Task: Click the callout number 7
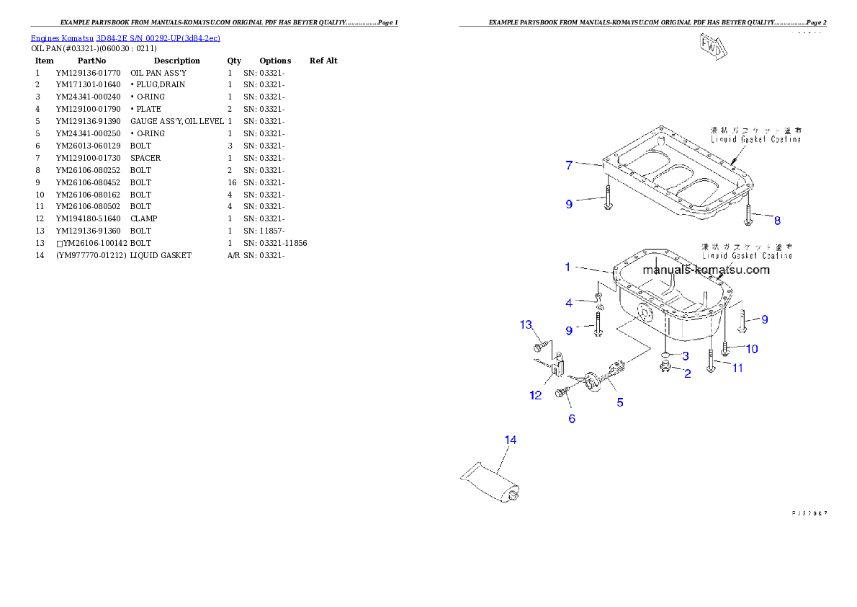(569, 166)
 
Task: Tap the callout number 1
(568, 267)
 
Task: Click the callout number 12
(536, 395)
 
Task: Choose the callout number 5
(620, 402)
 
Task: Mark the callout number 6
(572, 418)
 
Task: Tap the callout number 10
(751, 349)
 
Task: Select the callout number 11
(737, 368)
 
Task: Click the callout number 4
(569, 303)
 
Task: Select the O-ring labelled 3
(665, 355)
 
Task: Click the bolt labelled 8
(749, 211)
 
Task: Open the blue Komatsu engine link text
(125, 37)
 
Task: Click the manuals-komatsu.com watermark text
(706, 270)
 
